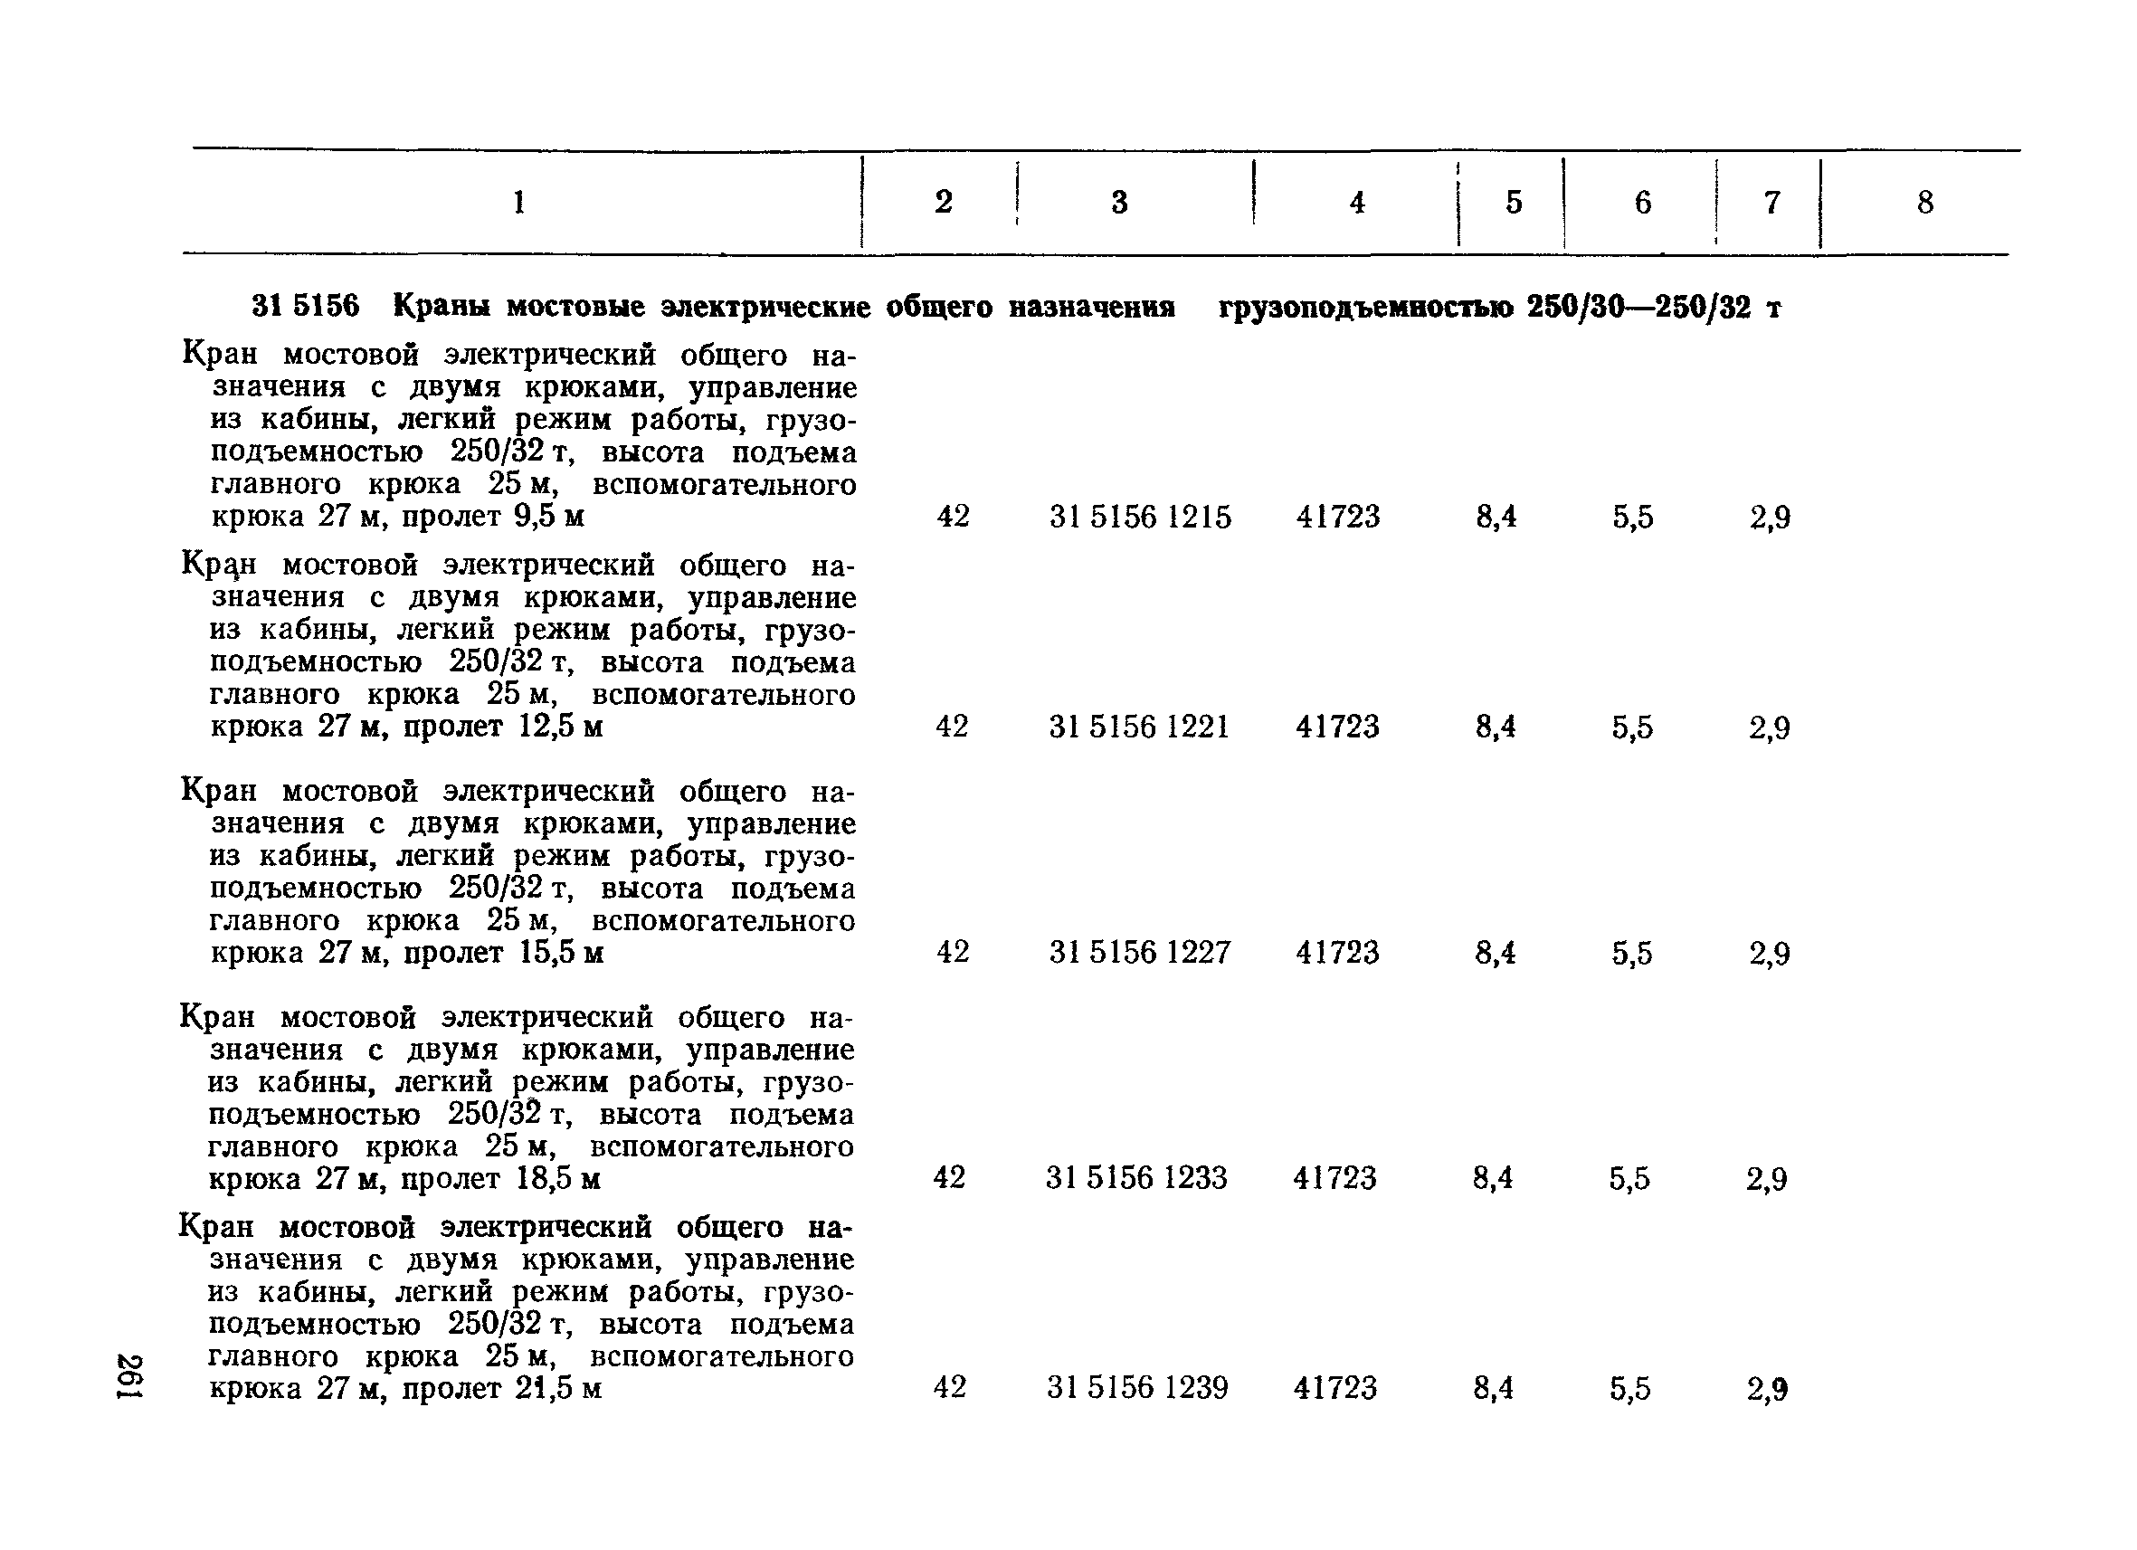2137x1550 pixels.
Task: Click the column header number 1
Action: coord(518,203)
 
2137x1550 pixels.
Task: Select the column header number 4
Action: coord(1357,203)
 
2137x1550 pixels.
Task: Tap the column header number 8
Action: coord(1925,203)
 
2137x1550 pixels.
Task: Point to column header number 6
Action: coord(1642,203)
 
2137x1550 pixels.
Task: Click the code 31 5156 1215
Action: coord(1140,518)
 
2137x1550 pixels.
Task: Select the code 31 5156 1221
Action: coord(1139,727)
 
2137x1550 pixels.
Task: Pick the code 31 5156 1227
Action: coord(1140,953)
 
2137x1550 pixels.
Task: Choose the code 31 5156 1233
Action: coord(1136,1178)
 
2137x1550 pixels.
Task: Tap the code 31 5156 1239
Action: coord(1137,1388)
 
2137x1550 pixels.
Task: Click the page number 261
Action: coord(129,1376)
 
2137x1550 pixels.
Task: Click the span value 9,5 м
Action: coord(549,518)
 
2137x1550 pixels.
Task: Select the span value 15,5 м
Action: coord(561,953)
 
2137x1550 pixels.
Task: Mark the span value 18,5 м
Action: coord(558,1179)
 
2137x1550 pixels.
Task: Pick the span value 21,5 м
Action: coord(558,1389)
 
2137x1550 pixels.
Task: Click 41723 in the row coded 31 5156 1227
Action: coord(1337,953)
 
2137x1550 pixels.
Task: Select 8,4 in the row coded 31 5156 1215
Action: coord(1496,518)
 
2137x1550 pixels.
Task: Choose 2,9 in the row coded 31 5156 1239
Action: coord(1768,1389)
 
